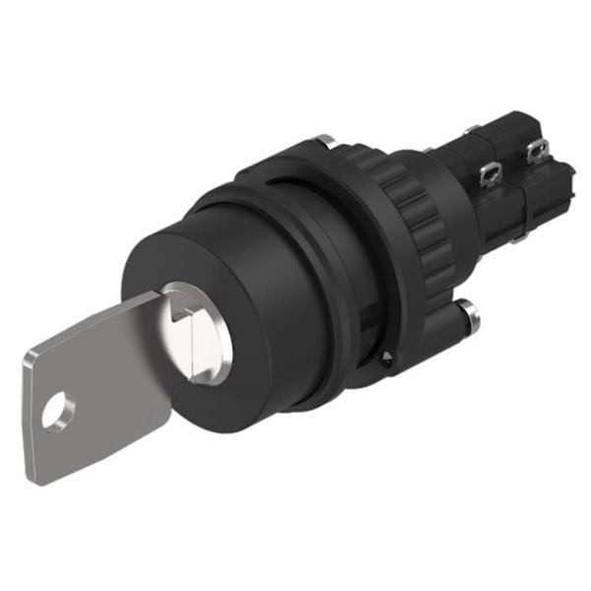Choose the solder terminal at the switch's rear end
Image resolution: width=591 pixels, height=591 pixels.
click(x=537, y=152)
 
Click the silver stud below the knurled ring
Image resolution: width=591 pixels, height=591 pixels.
click(x=471, y=315)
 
